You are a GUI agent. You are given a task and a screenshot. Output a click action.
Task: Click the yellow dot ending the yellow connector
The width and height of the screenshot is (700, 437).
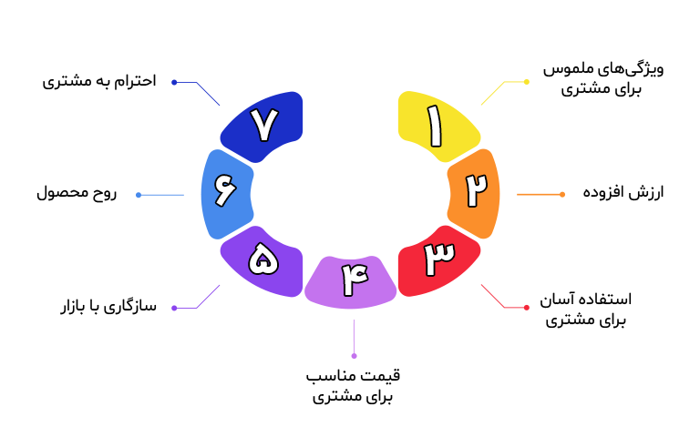tap(527, 82)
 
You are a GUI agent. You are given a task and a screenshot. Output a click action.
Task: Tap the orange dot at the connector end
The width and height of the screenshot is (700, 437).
tap(561, 194)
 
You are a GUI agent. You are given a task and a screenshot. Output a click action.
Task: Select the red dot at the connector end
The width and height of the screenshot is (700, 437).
tap(527, 308)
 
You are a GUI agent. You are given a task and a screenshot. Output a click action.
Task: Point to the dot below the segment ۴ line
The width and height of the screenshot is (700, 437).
tap(354, 355)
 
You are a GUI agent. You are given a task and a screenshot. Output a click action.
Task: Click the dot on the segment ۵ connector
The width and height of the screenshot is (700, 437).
tap(174, 308)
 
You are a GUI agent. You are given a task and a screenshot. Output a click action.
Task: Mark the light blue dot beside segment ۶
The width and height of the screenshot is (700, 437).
tap(139, 195)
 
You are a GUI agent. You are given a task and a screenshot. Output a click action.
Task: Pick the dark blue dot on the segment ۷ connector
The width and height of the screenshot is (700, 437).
tap(174, 83)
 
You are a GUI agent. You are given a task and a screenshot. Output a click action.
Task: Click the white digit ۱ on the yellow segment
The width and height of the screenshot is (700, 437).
tap(435, 127)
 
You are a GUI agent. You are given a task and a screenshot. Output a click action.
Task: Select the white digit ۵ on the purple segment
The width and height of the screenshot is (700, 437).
tap(262, 260)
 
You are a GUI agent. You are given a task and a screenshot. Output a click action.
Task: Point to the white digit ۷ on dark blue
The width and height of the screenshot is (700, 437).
tap(262, 127)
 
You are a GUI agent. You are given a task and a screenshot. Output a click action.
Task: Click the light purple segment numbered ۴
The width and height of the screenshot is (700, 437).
tap(350, 279)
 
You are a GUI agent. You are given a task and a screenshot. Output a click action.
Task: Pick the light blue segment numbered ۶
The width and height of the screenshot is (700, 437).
tap(225, 192)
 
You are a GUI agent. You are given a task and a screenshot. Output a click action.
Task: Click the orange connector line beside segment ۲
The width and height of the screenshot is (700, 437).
tap(538, 194)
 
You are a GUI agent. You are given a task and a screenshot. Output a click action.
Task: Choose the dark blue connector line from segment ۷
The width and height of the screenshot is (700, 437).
tap(208, 94)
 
